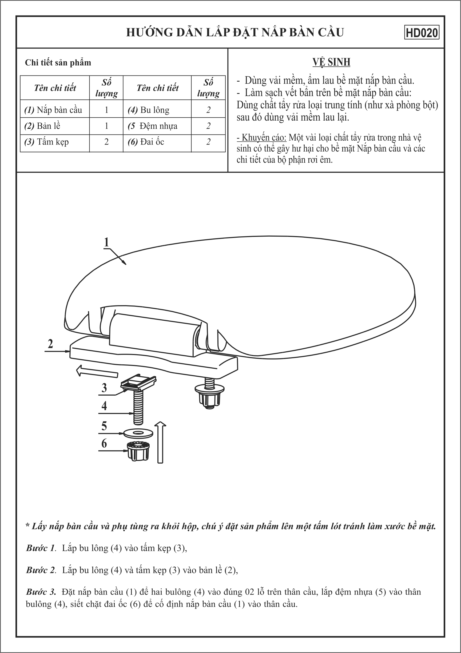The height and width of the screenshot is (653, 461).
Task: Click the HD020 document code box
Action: tap(422, 33)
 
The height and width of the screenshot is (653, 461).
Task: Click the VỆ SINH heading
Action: tap(331, 62)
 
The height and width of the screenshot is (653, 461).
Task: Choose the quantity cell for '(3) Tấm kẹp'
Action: tap(106, 142)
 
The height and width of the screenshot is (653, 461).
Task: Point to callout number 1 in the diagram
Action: tap(107, 242)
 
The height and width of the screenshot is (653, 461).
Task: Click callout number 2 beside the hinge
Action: tap(50, 344)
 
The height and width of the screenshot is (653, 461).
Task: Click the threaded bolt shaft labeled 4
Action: tap(138, 407)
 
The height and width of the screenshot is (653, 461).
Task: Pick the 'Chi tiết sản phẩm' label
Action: tap(58, 63)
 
